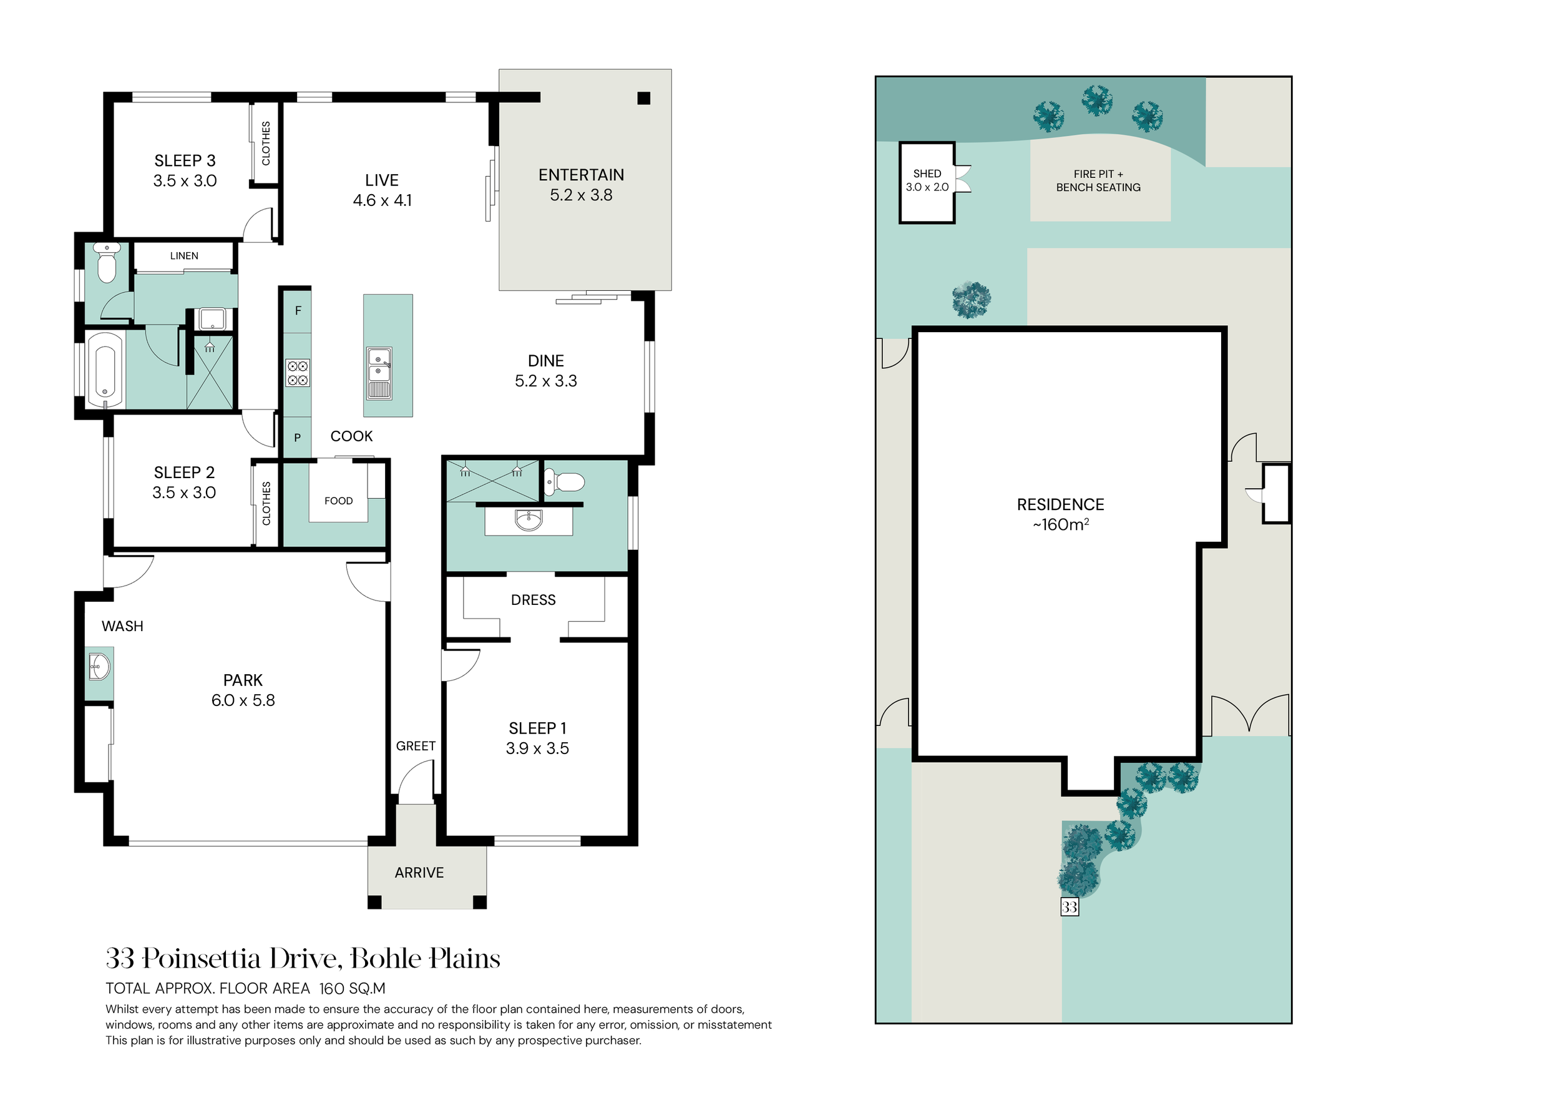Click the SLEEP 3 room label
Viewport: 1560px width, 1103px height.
click(185, 161)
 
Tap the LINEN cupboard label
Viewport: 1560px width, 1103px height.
click(184, 256)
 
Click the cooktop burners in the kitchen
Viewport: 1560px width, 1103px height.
click(298, 373)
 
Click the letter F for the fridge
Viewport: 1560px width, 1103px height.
click(298, 311)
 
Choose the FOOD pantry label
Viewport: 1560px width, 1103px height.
click(338, 501)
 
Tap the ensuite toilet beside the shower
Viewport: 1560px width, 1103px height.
click(565, 483)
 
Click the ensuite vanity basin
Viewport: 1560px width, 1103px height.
click(529, 521)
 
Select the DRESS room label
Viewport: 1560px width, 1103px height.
click(534, 600)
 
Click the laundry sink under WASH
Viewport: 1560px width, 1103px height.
click(99, 667)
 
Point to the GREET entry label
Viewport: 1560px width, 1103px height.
click(416, 746)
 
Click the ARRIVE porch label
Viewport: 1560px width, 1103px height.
click(419, 873)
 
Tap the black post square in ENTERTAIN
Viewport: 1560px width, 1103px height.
click(644, 99)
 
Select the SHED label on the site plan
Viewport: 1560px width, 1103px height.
click(927, 174)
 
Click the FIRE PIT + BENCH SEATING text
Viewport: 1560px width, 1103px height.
click(1099, 181)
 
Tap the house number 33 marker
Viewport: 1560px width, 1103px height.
click(1070, 906)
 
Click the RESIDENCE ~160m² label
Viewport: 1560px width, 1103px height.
click(1061, 514)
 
